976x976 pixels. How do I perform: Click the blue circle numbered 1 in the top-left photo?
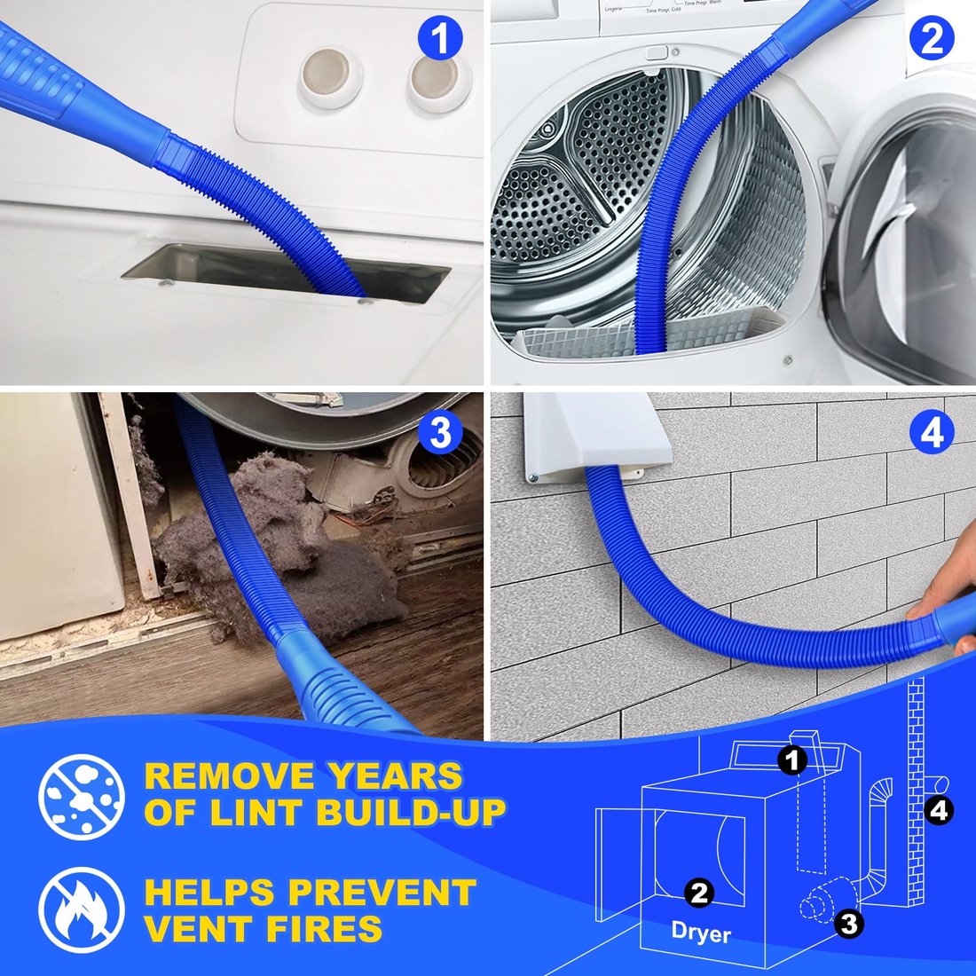click(x=440, y=40)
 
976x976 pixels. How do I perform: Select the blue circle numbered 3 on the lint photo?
click(x=440, y=434)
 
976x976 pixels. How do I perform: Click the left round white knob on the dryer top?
click(x=330, y=76)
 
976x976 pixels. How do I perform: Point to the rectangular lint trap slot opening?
click(x=284, y=272)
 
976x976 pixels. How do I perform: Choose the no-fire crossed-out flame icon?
click(x=82, y=910)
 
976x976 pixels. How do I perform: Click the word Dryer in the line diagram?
click(x=701, y=932)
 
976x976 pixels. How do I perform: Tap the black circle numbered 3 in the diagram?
click(x=848, y=924)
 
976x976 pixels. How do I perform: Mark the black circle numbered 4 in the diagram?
click(x=940, y=809)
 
